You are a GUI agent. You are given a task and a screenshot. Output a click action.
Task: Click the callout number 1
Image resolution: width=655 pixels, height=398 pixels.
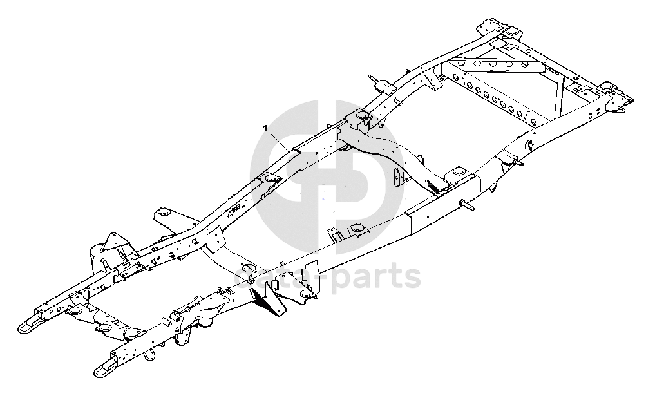click(265, 128)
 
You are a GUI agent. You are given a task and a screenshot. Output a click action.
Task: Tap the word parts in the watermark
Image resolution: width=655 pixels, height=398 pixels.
click(380, 278)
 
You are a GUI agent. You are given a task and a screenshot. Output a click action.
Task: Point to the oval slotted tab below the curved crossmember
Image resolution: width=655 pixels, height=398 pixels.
click(396, 176)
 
